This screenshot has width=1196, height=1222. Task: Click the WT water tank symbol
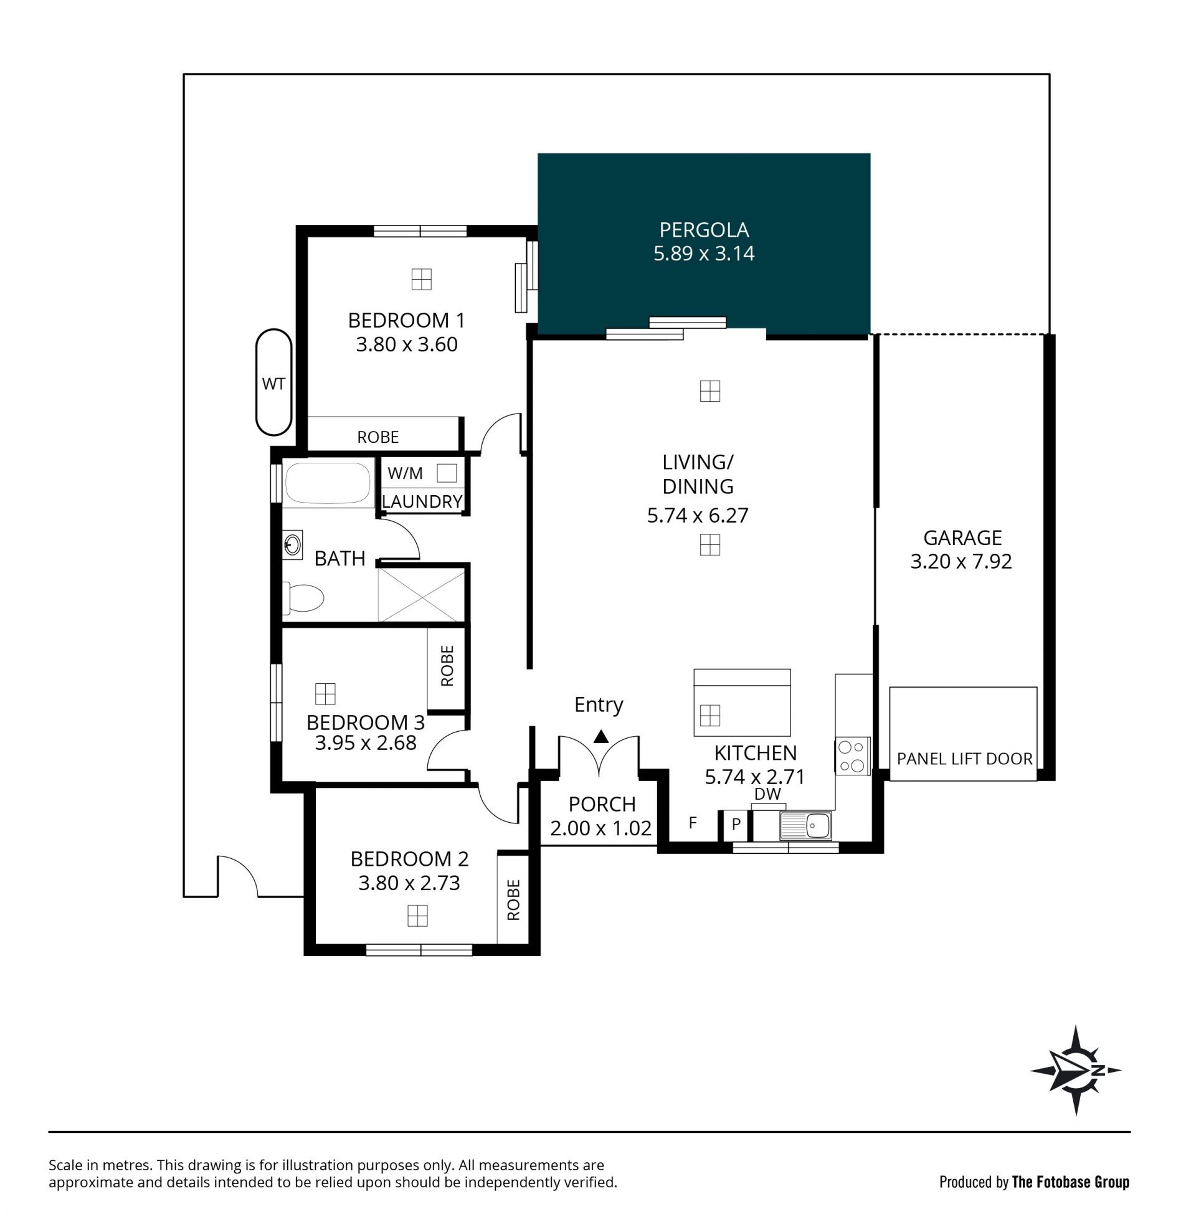click(274, 382)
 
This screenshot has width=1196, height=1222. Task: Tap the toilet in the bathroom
click(303, 598)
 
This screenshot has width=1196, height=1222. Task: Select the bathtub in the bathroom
click(328, 483)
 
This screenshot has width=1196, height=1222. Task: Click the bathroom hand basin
click(292, 544)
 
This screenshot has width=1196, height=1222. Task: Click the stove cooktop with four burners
click(852, 755)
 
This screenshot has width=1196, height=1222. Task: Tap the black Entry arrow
click(601, 736)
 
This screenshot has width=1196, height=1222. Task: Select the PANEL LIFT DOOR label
click(964, 759)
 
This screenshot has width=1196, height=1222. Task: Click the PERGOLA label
click(703, 230)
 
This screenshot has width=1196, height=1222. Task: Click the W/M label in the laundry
click(405, 473)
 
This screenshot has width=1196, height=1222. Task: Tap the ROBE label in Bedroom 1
click(377, 437)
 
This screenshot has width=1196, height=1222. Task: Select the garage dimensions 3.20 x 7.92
click(961, 561)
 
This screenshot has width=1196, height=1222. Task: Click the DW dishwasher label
click(767, 794)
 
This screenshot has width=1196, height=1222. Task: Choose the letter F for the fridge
click(693, 823)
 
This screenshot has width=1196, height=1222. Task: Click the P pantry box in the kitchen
click(736, 825)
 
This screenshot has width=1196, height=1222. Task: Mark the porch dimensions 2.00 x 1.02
click(600, 828)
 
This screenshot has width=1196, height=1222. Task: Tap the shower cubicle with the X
click(421, 595)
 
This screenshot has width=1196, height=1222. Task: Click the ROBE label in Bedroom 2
click(513, 900)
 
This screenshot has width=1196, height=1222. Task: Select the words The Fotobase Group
click(1070, 1182)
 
